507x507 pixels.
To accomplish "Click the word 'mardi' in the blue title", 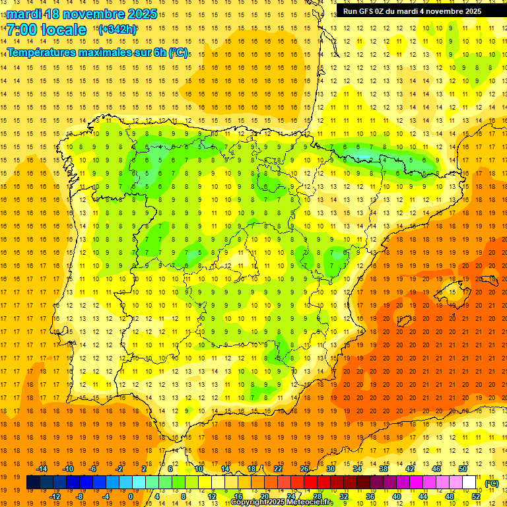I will click(25, 14).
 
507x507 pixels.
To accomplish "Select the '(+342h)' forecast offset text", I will click(117, 30).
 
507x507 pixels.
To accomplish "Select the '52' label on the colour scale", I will click(476, 496).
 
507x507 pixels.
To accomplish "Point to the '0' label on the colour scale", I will click(131, 496).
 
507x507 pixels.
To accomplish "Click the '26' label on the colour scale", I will click(304, 469).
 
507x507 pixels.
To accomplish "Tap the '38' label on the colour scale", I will click(384, 469).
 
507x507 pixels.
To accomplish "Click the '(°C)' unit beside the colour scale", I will click(491, 483).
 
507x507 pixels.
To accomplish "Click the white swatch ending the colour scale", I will click(469, 483).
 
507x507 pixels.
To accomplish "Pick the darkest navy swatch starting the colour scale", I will click(33, 483).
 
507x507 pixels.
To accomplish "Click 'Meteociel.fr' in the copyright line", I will click(311, 502).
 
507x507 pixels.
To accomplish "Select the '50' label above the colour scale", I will click(463, 469).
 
